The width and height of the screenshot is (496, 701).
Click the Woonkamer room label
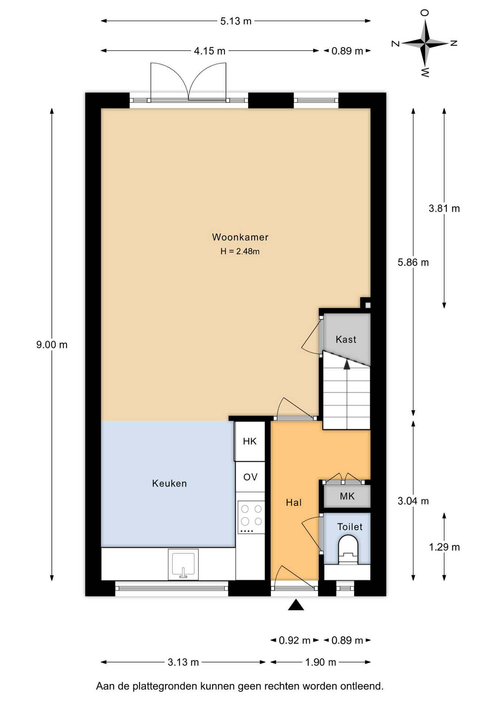tap(240, 237)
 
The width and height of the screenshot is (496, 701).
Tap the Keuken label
tap(169, 483)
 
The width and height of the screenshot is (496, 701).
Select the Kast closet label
tap(346, 340)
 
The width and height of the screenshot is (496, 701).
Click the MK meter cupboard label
tap(347, 496)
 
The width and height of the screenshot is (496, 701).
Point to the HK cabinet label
tap(250, 441)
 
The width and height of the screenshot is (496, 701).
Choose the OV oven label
tap(250, 477)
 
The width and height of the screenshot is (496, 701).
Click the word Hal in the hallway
tap(294, 503)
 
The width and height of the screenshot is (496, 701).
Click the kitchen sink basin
tap(183, 564)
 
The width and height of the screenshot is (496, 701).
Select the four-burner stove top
tap(251, 517)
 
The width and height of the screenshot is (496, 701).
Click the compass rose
tap(425, 43)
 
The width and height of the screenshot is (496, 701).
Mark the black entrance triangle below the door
tap(296, 605)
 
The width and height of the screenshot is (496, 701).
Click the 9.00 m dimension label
tap(52, 345)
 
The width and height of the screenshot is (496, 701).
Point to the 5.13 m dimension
tap(236, 21)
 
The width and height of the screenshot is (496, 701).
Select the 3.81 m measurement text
tap(444, 208)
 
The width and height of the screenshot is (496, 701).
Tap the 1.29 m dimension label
tap(444, 547)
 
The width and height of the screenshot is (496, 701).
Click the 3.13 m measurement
tap(183, 662)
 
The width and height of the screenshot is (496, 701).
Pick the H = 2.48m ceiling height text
tap(240, 251)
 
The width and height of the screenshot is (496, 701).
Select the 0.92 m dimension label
tap(294, 640)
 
